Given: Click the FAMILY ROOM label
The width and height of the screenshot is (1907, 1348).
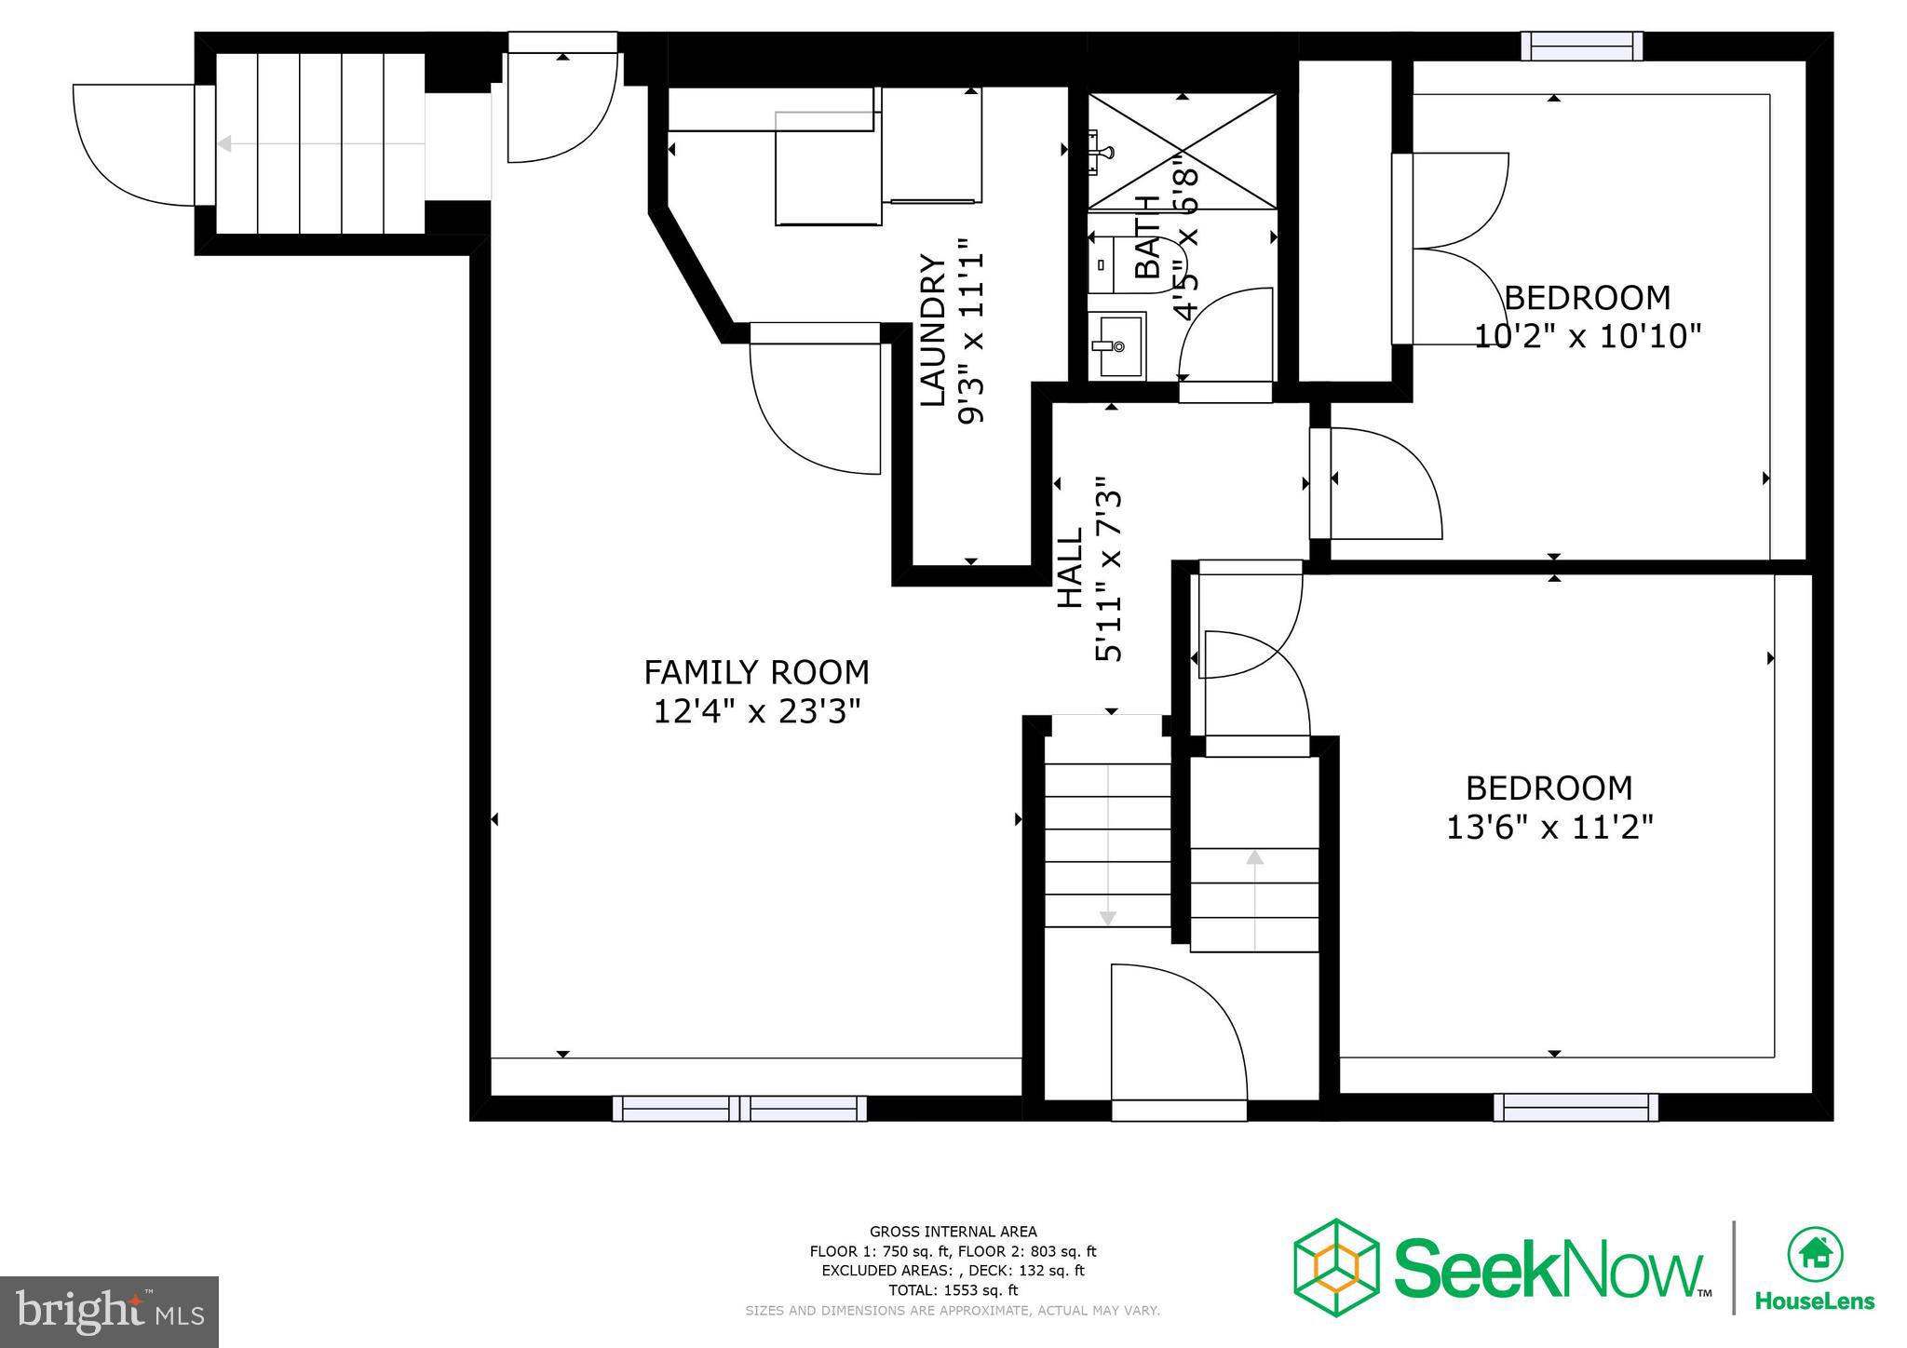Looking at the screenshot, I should (x=756, y=672).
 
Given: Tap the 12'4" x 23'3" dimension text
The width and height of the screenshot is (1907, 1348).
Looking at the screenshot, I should (x=756, y=712).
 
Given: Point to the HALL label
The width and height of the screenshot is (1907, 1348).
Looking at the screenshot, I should (x=1071, y=568).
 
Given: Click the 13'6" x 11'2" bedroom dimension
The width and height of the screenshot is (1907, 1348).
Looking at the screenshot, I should (x=1549, y=827).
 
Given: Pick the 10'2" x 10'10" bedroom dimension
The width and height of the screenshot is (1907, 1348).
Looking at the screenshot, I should (x=1587, y=336).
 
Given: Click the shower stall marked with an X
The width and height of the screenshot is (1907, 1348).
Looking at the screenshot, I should (x=1183, y=151).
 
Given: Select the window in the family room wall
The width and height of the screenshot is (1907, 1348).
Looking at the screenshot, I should (x=739, y=1108).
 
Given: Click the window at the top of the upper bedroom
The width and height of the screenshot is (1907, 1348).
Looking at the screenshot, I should (x=1581, y=46).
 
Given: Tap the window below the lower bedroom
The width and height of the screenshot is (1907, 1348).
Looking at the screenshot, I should (x=1576, y=1107).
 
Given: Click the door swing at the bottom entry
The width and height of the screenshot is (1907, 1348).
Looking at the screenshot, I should (x=1179, y=1033).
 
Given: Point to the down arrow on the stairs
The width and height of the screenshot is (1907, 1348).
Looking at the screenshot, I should (x=1107, y=917).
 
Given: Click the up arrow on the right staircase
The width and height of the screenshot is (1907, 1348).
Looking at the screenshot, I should (x=1255, y=857).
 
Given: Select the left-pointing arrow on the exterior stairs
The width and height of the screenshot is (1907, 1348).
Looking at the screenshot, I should (x=224, y=143).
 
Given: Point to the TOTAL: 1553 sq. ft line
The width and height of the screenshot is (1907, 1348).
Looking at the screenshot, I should (x=953, y=1290).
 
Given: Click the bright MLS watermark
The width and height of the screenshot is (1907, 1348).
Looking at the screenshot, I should (x=110, y=1312).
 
